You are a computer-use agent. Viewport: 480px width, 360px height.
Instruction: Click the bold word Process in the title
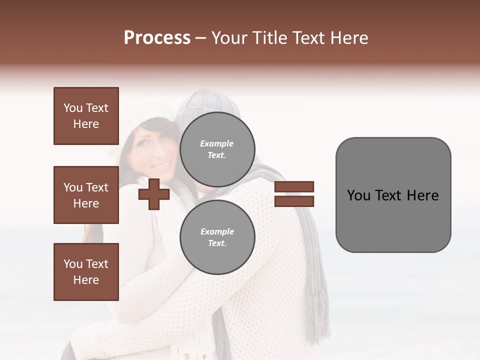(157, 38)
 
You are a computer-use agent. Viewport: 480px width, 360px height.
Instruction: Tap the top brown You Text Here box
(86, 116)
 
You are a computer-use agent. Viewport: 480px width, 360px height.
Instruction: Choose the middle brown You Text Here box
(86, 195)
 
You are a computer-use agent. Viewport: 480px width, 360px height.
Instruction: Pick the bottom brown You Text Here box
(86, 271)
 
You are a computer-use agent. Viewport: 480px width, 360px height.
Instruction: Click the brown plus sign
(153, 194)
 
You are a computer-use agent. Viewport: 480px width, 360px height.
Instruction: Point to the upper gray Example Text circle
(217, 149)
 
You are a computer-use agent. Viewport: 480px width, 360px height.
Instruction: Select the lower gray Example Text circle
(217, 237)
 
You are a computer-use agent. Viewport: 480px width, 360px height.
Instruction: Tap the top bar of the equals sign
(294, 187)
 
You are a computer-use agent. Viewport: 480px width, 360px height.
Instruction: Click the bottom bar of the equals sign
(294, 201)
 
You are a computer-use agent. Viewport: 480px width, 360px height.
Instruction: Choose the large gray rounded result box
(393, 195)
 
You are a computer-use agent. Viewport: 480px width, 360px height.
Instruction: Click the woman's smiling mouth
(161, 164)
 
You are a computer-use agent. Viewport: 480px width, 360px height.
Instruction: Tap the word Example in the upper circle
(216, 143)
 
